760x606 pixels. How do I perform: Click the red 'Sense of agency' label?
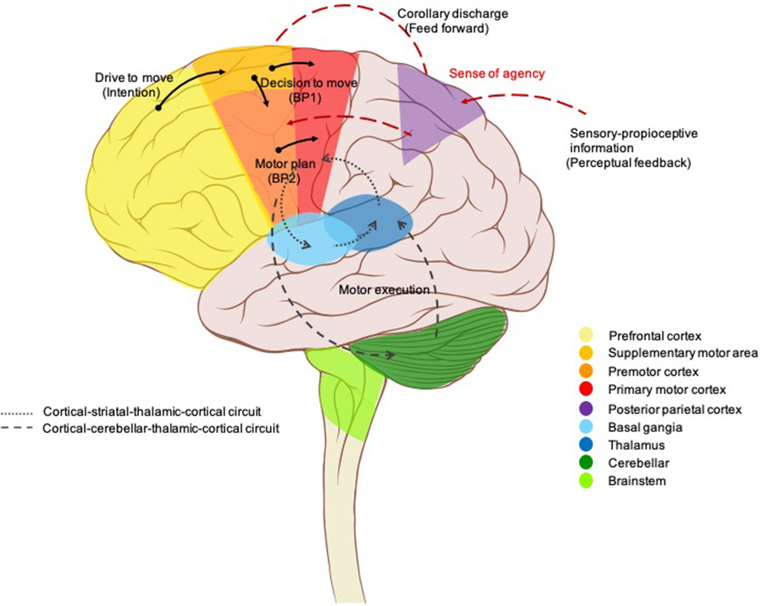(497, 74)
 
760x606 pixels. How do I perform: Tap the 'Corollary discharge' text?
(452, 14)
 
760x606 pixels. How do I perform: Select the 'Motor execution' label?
(384, 290)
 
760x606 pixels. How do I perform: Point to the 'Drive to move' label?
(134, 78)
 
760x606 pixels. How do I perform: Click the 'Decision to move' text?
(309, 83)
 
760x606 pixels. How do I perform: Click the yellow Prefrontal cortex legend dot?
(586, 335)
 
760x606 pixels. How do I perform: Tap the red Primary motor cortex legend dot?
(586, 389)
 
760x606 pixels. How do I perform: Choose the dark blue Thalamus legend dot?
(586, 444)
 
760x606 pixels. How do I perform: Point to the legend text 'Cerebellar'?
(638, 463)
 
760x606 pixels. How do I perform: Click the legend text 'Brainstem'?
(636, 481)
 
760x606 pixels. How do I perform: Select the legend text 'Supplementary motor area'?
(683, 353)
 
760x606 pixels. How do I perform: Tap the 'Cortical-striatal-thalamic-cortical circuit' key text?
(152, 412)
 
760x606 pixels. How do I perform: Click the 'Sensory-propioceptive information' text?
(633, 141)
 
